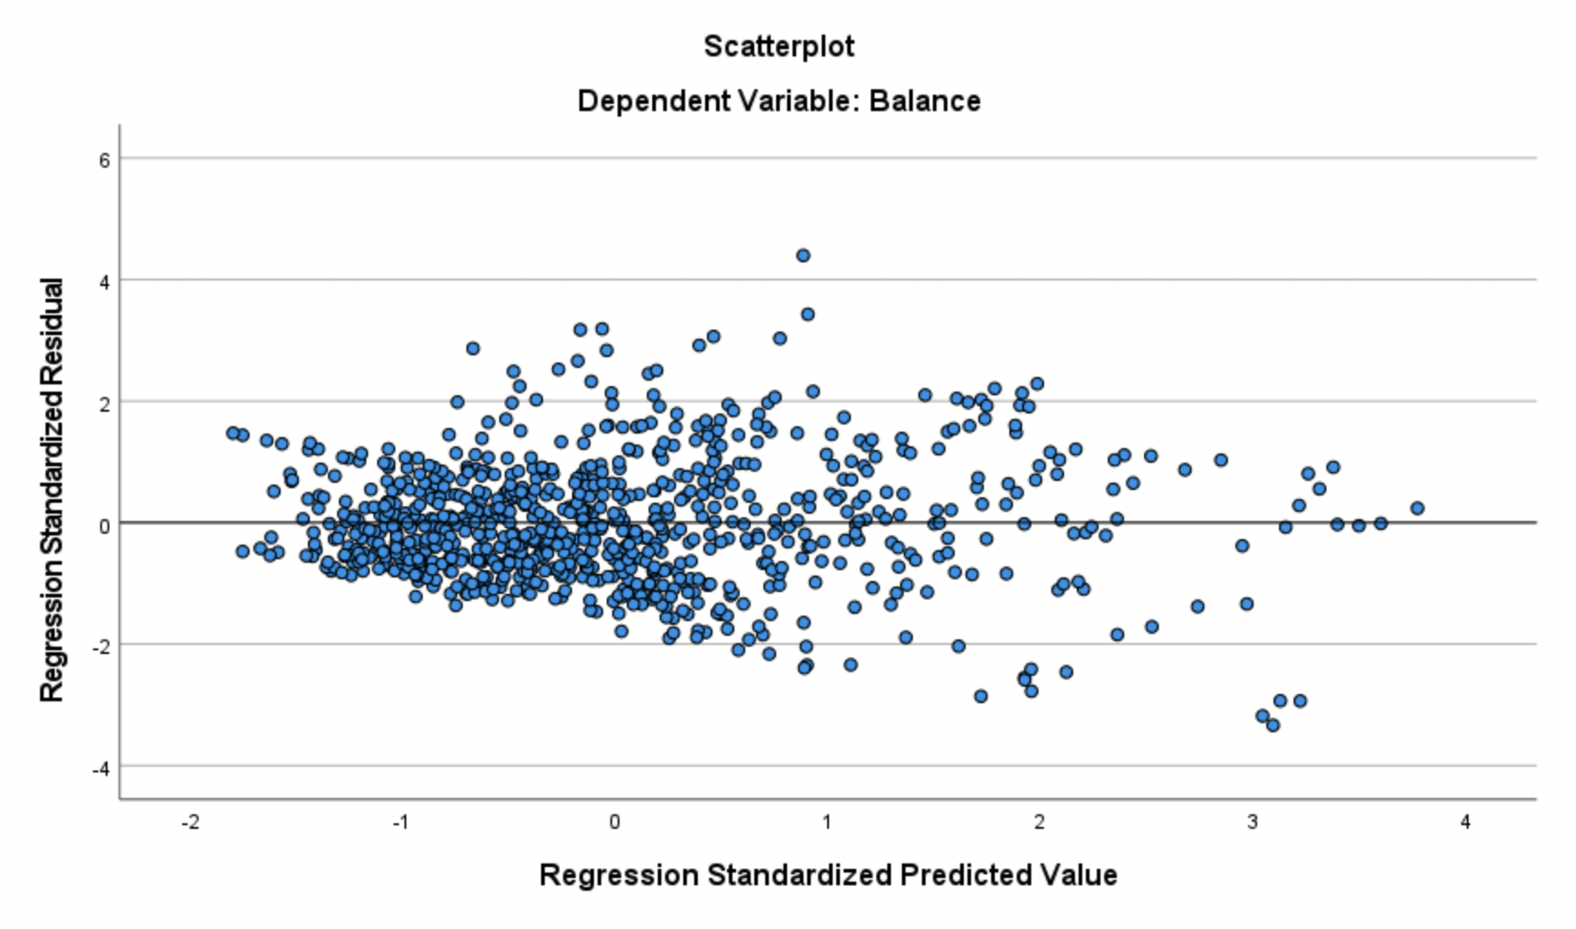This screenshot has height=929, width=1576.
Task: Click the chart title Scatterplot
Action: (x=779, y=46)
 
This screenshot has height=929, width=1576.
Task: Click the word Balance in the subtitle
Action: (x=925, y=100)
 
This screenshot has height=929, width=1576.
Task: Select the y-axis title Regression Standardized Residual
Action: (x=52, y=490)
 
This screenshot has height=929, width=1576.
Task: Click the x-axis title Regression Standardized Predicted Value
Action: (x=828, y=874)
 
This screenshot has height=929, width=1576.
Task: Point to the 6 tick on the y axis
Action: (x=104, y=160)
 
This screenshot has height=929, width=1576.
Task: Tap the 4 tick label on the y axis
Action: (x=104, y=281)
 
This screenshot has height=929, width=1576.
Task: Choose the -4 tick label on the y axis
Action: (x=100, y=769)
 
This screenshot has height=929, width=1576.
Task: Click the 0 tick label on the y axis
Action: (x=104, y=526)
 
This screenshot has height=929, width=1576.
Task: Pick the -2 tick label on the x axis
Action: (x=189, y=822)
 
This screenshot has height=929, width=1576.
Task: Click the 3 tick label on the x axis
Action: (x=1253, y=822)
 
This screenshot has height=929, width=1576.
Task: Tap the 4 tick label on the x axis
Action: (x=1465, y=822)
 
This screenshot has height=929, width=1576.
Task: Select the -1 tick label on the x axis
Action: (x=401, y=822)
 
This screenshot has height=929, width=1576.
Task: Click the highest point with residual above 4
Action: (x=803, y=256)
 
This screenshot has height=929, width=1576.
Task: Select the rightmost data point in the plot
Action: (x=1417, y=508)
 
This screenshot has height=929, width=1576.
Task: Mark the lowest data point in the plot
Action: (x=1273, y=725)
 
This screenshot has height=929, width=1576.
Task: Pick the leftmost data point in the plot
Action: (x=232, y=433)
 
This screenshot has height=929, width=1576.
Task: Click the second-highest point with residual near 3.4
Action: (x=807, y=314)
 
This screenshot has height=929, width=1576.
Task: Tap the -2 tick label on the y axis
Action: (x=100, y=647)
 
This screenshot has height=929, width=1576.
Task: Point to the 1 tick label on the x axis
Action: (x=827, y=822)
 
